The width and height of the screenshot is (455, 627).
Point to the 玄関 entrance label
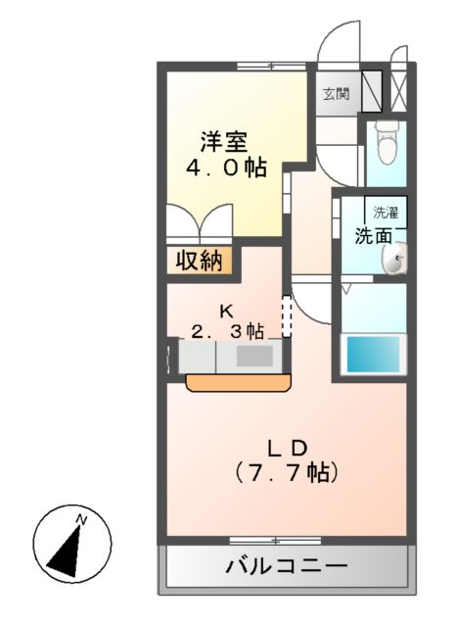(335, 94)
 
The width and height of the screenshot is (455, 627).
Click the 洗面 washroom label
(374, 235)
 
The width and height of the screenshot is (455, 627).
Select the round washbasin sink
(395, 260)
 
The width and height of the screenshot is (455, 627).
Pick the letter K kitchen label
(226, 312)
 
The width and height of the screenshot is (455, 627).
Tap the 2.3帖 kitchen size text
(227, 331)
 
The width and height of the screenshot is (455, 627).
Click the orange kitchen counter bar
(235, 380)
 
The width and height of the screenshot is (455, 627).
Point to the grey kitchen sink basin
(252, 356)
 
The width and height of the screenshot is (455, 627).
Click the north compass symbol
(71, 544)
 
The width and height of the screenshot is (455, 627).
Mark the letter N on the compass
(82, 519)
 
